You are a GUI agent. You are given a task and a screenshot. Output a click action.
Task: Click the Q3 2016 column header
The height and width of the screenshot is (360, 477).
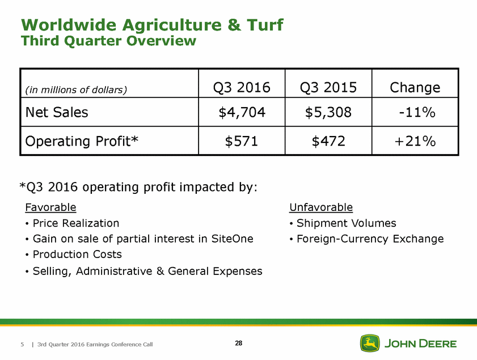click(242, 87)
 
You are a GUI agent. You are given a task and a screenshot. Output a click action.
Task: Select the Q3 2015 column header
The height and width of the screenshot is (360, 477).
click(328, 87)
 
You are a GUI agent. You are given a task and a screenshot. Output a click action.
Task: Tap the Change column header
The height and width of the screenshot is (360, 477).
click(415, 87)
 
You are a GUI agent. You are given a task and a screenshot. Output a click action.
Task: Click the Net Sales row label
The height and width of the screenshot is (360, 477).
click(57, 112)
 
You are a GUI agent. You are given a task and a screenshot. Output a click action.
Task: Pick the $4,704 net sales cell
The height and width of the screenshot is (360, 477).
click(242, 112)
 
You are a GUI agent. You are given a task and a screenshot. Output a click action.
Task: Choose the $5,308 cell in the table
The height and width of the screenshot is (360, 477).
click(328, 112)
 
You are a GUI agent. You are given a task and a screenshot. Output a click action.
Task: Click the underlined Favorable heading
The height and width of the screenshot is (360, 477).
click(50, 207)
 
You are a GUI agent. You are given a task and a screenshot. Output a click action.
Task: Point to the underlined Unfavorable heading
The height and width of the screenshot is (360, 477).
click(320, 207)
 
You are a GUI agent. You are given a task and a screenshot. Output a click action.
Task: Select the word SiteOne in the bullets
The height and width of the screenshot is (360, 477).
click(233, 239)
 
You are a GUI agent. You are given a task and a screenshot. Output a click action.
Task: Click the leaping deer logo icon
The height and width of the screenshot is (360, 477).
click(370, 343)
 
